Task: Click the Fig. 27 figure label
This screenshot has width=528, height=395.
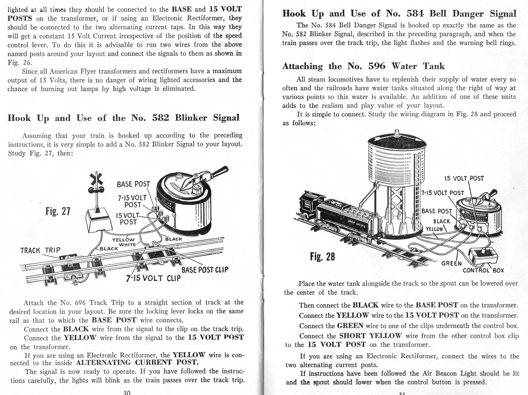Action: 58,211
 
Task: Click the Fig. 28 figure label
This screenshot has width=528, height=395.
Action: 322,257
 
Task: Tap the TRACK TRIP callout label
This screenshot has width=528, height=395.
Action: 40,250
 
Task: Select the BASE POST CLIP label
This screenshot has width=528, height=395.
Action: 205,270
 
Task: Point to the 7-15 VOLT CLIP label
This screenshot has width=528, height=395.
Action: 153,278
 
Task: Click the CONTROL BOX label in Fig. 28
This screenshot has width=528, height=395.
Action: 483,270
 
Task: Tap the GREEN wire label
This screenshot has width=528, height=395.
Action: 451,264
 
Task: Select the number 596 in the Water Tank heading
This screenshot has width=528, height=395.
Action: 377,66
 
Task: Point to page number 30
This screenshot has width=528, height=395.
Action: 127,393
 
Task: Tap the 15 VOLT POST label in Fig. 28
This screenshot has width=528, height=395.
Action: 464,179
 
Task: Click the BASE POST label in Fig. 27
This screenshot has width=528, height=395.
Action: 133,184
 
